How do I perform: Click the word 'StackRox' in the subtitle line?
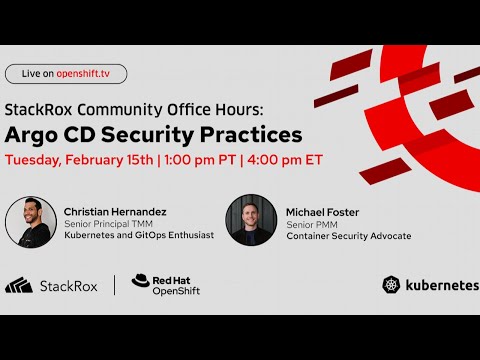(40, 107)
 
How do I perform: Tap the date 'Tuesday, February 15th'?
(78, 160)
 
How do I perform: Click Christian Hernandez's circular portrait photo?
(31, 221)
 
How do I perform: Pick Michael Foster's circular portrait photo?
(250, 220)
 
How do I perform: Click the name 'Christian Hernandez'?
(115, 211)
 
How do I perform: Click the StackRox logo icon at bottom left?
(19, 286)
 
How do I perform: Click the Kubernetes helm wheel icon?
(391, 285)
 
